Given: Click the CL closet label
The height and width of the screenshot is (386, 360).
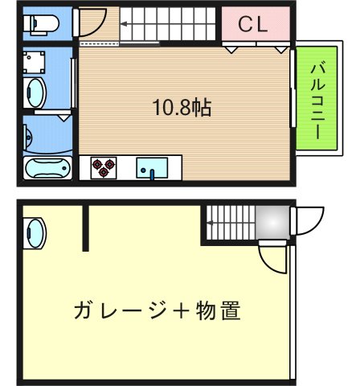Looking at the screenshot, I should click(252, 25).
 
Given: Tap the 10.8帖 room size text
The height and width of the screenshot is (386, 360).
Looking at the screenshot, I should click(182, 107).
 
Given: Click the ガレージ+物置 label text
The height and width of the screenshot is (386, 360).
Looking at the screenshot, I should click(157, 310).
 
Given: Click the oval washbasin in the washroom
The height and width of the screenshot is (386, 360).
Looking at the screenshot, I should click(35, 92).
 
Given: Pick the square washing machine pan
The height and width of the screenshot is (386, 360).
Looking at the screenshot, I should click(35, 61).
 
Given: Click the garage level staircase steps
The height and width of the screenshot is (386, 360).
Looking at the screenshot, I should click(228, 222).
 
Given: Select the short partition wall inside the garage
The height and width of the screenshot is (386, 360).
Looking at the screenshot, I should click(84, 228).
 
